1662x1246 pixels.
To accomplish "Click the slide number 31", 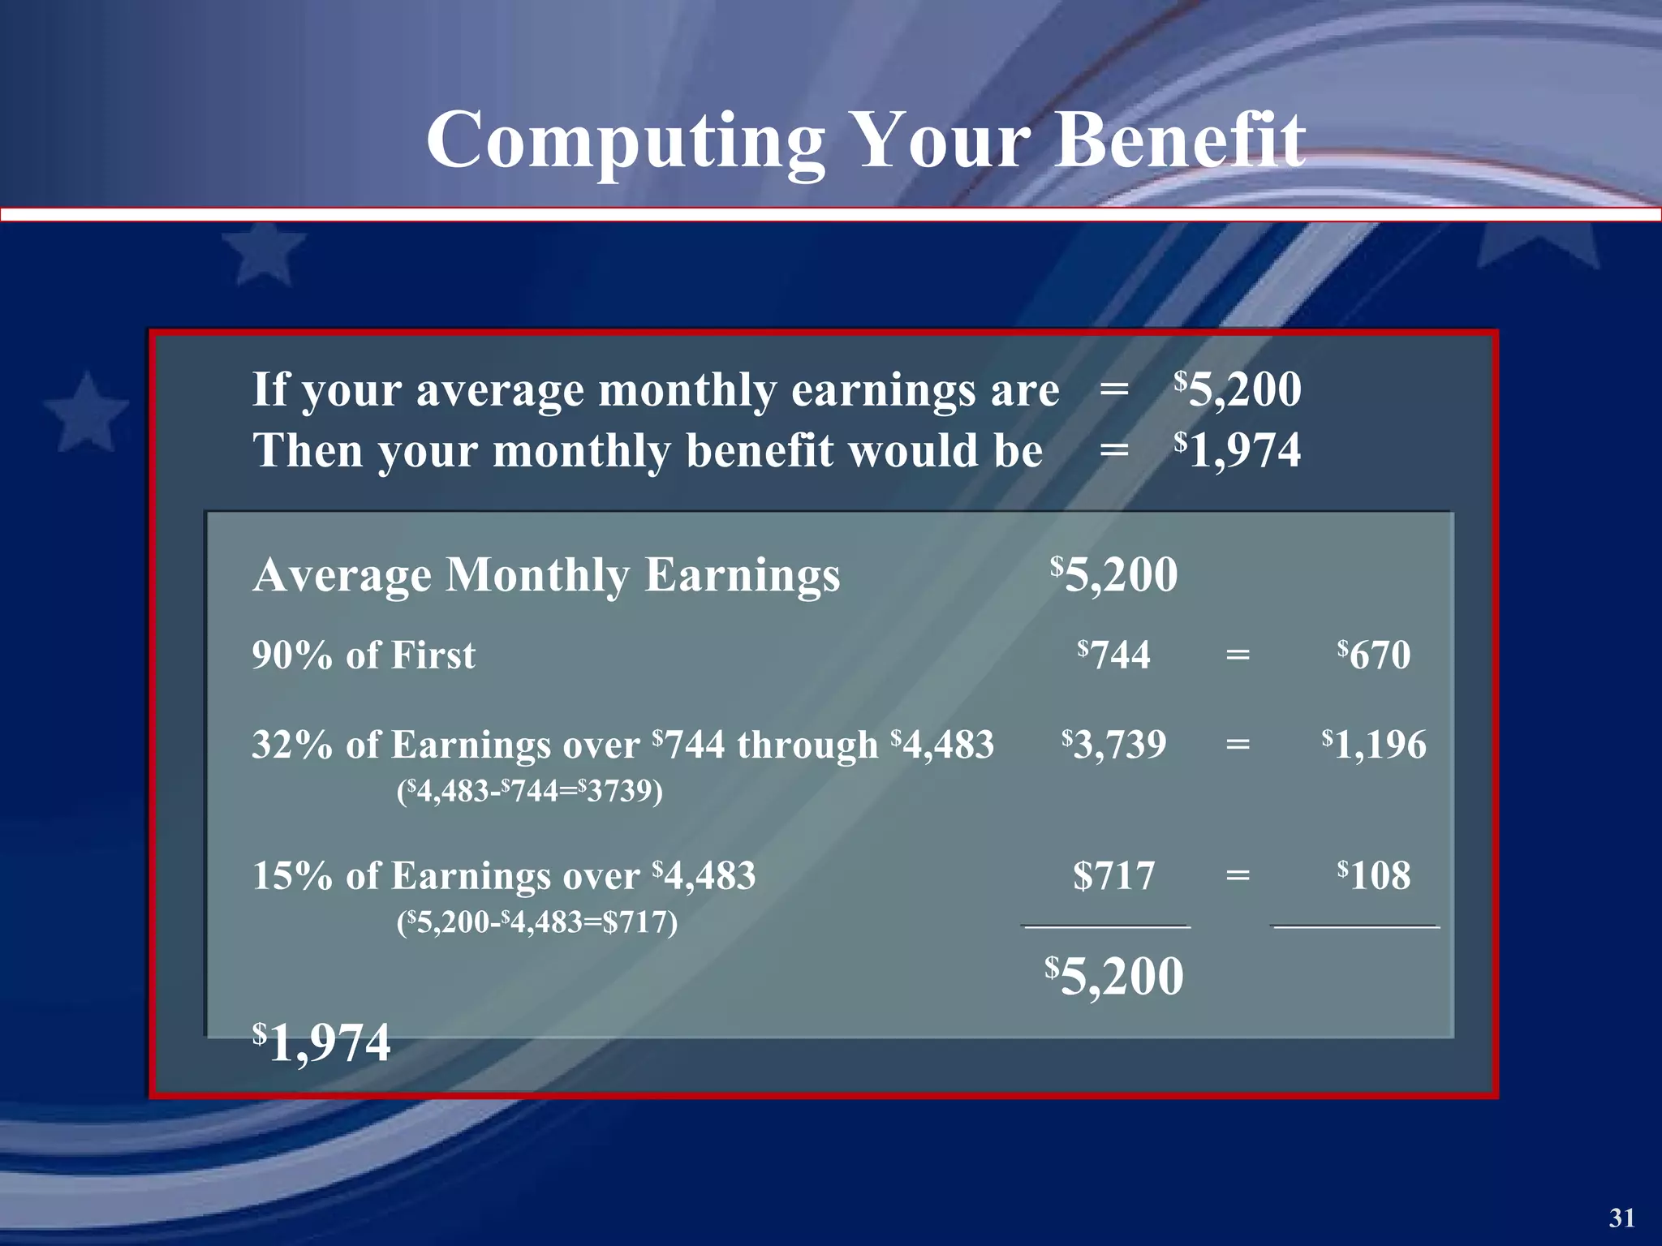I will [1621, 1218].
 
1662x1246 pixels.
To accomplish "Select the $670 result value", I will [1374, 655].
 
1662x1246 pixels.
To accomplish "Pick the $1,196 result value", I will [1374, 744].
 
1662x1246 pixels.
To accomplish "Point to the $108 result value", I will [1374, 875].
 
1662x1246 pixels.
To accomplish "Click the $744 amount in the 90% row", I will [1113, 655].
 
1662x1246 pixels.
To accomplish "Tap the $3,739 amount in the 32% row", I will [1113, 744].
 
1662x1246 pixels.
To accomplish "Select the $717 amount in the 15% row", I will [1113, 876].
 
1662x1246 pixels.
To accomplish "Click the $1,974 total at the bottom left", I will [321, 1043].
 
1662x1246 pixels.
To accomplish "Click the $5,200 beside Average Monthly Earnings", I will [1113, 575].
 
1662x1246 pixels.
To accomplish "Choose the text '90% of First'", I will [364, 655].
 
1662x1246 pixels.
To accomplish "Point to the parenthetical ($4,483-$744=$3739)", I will [529, 790].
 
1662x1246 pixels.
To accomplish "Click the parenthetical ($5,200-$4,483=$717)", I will [536, 922].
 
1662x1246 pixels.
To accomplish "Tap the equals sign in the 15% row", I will [1238, 875].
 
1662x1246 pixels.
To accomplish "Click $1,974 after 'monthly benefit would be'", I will [1238, 450].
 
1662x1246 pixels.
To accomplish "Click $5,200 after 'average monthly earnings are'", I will [1238, 389].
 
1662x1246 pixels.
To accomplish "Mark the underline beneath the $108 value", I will [1355, 926].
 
